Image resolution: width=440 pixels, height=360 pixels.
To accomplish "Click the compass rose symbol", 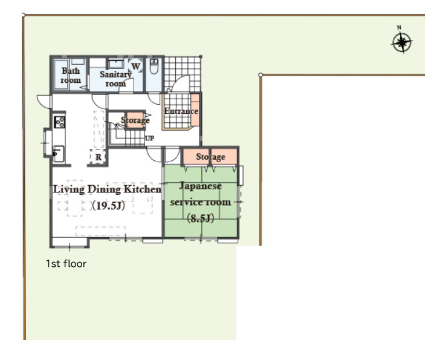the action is pos(402,43).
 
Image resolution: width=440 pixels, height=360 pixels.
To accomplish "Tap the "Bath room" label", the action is pos(71,75).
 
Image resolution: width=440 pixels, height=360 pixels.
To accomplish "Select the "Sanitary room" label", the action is pos(115,79).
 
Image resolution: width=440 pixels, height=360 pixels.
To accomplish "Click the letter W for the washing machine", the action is pos(135,67).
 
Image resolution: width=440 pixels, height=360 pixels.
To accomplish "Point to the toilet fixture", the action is pos(154,67).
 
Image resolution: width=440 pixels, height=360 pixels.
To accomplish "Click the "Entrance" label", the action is pos(181,111).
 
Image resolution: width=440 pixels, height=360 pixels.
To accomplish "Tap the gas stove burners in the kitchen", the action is pos(59,122).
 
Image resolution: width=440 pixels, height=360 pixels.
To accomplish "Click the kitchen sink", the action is pos(58,154).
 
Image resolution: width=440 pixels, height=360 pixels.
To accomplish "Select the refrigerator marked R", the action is pos(98,157).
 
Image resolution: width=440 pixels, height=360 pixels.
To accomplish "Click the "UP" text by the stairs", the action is pos(149,138).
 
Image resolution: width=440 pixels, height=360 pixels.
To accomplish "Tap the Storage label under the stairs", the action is pos(135,120).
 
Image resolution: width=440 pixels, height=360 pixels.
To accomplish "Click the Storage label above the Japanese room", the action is pos(210,157).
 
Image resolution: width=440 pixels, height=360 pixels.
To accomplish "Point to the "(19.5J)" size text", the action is pos(108,206).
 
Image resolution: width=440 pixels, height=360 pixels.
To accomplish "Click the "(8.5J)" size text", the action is pos(201,218).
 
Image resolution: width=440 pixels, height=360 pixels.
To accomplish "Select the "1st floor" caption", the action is pos(66,264).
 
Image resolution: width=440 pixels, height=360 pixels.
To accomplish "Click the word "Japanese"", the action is pos(201,186).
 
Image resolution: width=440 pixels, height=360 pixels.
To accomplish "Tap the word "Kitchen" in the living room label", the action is pos(143,189).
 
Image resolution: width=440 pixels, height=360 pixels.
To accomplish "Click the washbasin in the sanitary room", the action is pos(115,64).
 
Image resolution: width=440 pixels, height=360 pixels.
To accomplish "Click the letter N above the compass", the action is pos(399,27).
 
